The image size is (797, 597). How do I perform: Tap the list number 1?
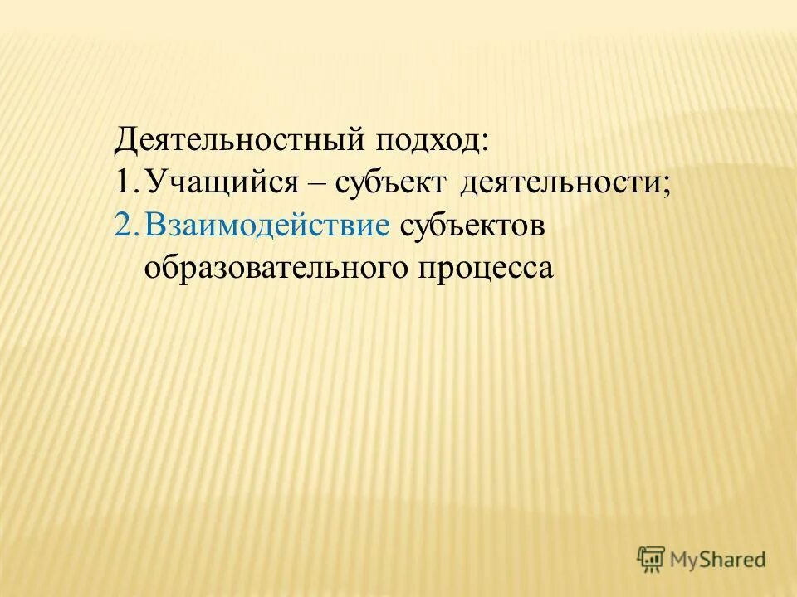coord(123,182)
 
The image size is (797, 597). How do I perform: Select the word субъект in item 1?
coord(390,183)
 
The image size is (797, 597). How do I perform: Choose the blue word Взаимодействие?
coord(266,226)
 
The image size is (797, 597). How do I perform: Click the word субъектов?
coord(472,226)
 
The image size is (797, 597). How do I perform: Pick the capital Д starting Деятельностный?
coord(125,138)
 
